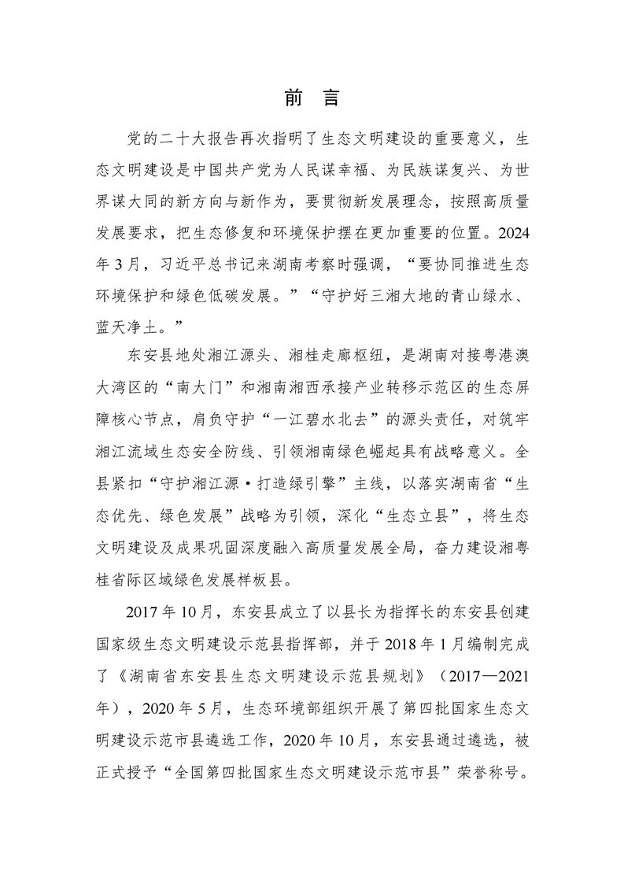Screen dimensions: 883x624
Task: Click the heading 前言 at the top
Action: (x=312, y=100)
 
